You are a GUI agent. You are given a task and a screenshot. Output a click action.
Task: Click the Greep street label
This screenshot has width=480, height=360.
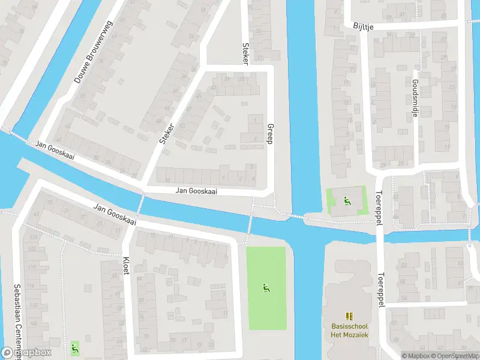tap(269, 133)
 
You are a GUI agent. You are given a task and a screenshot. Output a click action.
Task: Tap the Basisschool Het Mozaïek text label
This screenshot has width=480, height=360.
tap(350, 330)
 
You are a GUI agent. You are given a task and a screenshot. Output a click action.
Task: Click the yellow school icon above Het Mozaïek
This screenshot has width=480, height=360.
tap(350, 316)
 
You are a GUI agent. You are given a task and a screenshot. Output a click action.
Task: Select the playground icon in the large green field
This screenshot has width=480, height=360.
tap(266, 289)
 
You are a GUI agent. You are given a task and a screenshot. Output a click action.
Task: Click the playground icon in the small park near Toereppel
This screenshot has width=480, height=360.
tap(346, 200)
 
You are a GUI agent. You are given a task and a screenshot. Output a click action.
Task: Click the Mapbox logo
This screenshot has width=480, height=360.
tap(26, 353)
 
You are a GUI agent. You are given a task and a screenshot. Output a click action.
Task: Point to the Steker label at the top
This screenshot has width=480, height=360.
tap(245, 53)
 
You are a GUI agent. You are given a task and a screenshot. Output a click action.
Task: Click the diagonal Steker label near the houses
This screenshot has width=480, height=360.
tap(166, 133)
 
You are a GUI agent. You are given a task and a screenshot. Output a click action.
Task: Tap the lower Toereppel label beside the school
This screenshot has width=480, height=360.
tap(380, 291)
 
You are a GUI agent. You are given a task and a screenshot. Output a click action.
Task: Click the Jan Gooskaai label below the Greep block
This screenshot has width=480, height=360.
tap(196, 191)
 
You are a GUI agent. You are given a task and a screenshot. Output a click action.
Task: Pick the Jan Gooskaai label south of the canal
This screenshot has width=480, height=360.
tap(115, 214)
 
